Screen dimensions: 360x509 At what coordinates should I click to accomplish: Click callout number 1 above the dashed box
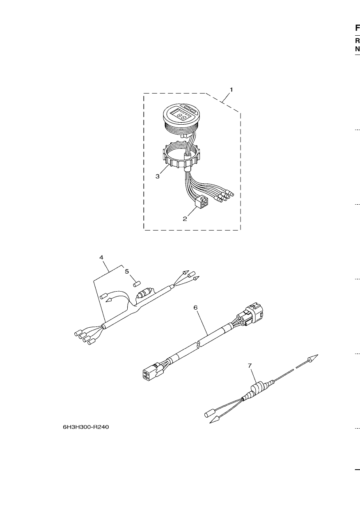click(231, 90)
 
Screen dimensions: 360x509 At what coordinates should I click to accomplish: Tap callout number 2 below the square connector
click(185, 219)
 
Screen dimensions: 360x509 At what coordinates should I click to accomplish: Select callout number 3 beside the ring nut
click(158, 176)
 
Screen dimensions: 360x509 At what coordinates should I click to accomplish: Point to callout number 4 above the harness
click(101, 258)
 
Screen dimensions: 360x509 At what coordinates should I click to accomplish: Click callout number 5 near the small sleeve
click(127, 271)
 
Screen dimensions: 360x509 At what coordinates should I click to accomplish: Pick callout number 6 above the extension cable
click(195, 308)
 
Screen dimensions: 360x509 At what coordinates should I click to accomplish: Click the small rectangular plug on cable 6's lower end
click(150, 374)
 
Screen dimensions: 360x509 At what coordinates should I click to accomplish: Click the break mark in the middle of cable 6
click(199, 343)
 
